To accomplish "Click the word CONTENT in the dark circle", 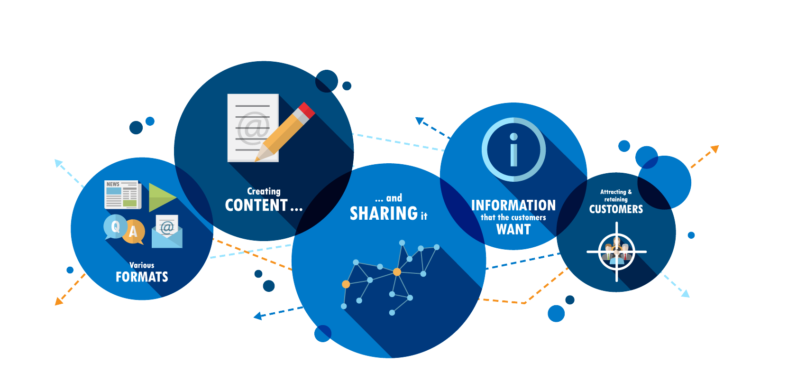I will [256, 205].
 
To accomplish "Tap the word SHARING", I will [384, 214].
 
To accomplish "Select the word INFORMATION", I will [513, 205].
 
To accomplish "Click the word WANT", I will [513, 230].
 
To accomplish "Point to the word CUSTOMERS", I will [616, 209].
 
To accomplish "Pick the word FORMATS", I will [142, 277].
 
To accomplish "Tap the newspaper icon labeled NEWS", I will [122, 194].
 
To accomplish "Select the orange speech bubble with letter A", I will [134, 232].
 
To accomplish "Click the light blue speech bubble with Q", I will [115, 226].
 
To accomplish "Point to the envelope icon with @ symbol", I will [167, 232].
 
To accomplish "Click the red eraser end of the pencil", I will [306, 110].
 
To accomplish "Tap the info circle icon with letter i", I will [513, 149].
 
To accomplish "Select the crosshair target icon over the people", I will [616, 252].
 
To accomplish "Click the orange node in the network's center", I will [397, 272].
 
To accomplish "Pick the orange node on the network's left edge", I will [346, 284].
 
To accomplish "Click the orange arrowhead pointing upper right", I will [714, 149].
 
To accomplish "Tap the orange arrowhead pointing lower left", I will [59, 301].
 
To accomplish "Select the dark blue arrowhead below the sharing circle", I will [258, 316].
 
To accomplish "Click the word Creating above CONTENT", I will [264, 191].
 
